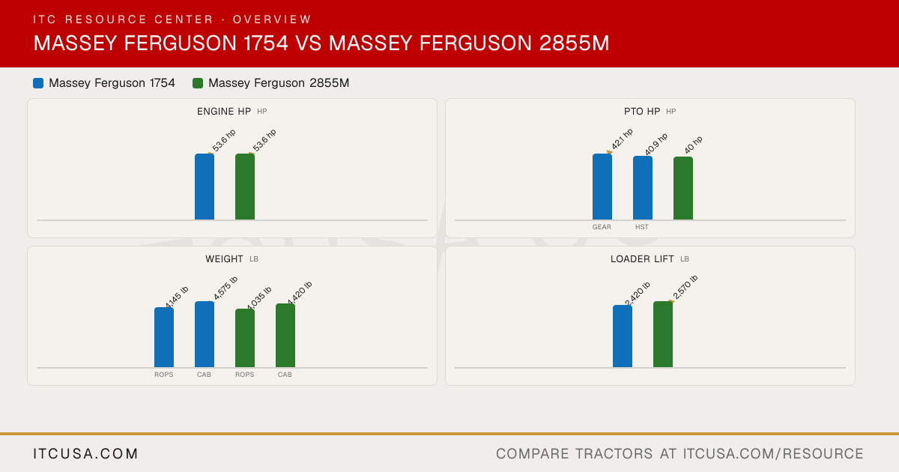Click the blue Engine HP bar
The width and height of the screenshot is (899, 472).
click(x=205, y=187)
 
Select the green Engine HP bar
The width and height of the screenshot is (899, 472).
click(x=245, y=187)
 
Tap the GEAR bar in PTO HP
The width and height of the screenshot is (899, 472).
click(x=602, y=187)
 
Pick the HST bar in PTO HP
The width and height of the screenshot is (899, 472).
click(x=643, y=188)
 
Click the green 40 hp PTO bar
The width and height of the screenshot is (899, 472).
click(x=683, y=188)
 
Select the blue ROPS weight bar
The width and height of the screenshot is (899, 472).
click(x=164, y=337)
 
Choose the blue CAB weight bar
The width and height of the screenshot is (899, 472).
click(x=205, y=334)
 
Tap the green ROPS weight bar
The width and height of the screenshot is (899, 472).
click(x=245, y=338)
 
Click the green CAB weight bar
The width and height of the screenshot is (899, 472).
click(x=285, y=336)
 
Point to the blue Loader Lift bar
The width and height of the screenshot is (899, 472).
click(x=623, y=336)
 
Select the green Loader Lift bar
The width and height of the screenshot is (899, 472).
click(x=663, y=334)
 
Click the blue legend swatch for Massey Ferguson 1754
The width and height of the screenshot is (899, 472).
click(x=38, y=83)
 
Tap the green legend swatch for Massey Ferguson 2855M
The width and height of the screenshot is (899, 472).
click(x=198, y=83)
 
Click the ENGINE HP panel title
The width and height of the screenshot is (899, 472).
click(x=224, y=111)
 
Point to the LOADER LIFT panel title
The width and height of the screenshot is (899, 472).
click(x=642, y=259)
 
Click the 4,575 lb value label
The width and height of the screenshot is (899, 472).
click(x=225, y=288)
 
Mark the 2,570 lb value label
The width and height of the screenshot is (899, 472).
click(x=685, y=287)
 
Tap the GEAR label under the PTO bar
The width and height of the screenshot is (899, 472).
click(x=602, y=227)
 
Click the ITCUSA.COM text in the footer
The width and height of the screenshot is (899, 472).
click(x=85, y=453)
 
